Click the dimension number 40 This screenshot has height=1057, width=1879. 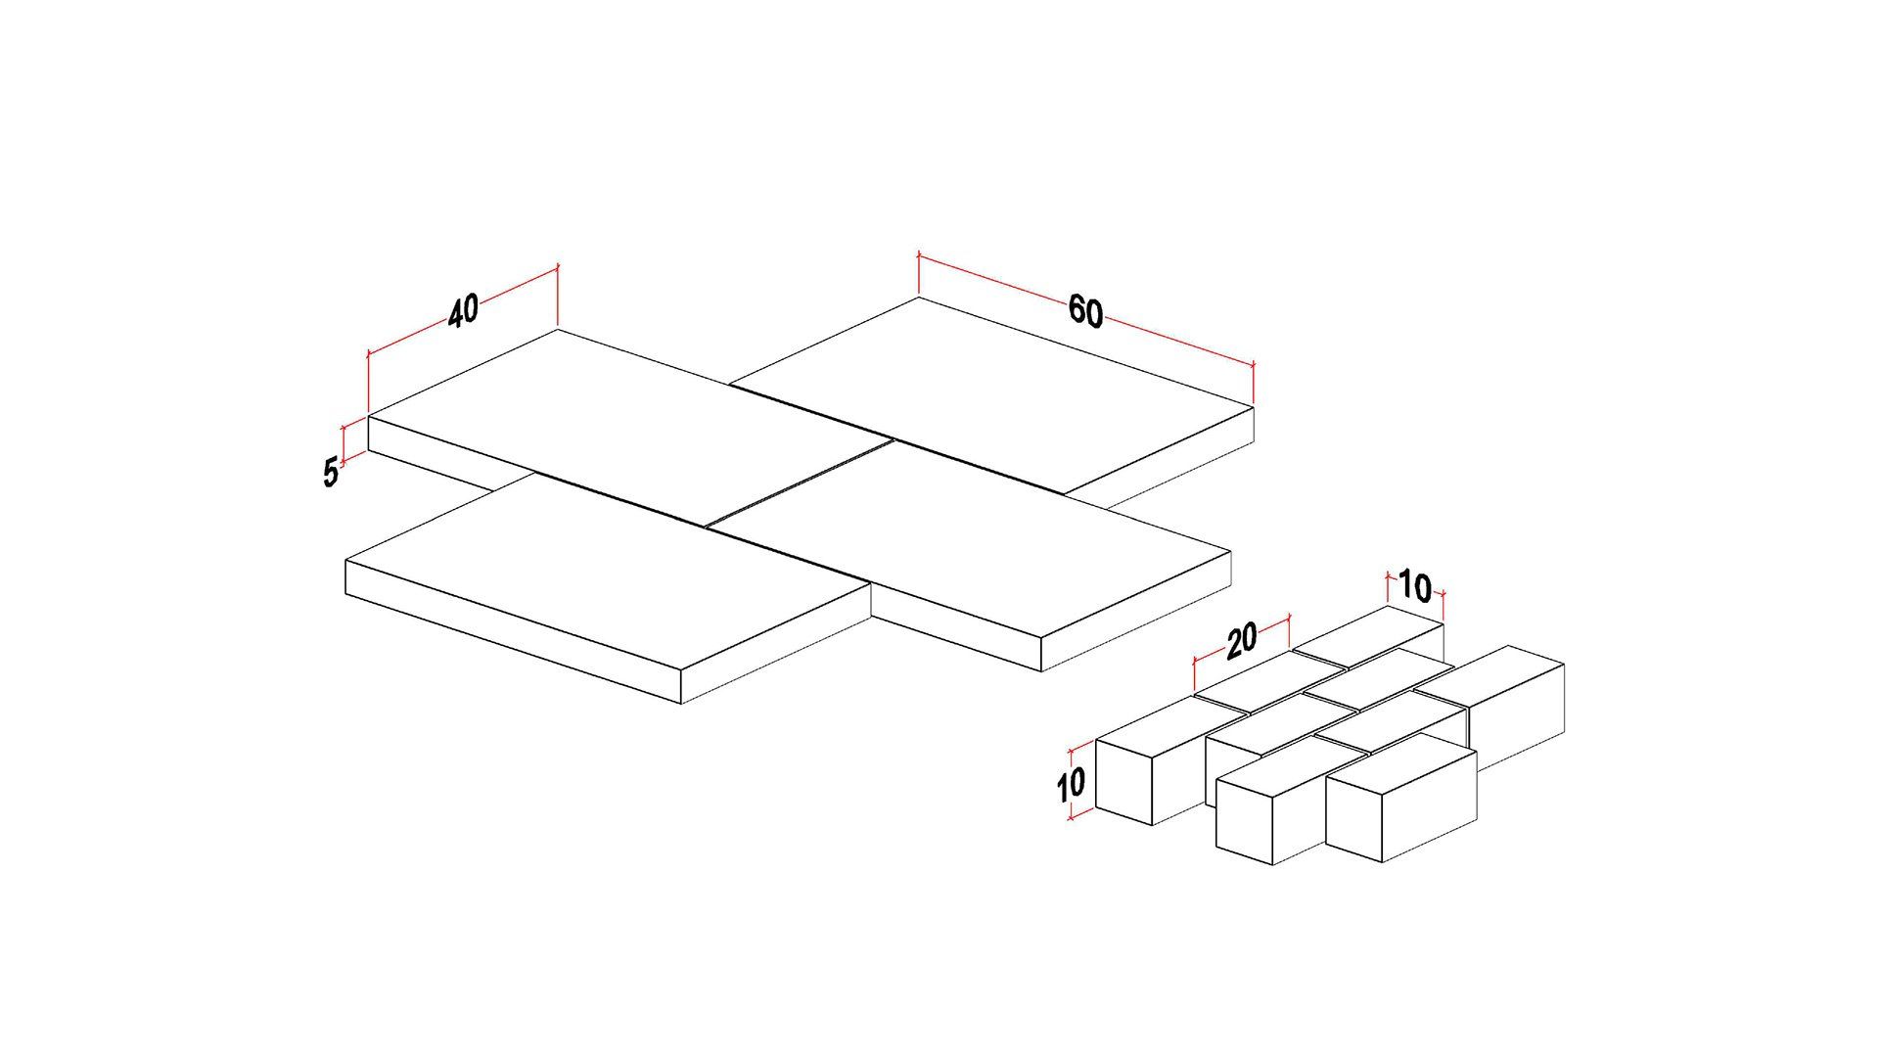[464, 310]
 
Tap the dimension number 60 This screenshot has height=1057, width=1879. [1085, 311]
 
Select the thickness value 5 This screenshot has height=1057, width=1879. [331, 473]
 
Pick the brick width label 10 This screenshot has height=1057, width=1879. [1415, 586]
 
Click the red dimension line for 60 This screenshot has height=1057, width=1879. [1085, 309]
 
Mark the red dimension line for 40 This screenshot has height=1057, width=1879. [462, 309]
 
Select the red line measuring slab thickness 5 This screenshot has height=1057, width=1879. [344, 443]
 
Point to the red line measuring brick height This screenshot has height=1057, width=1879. [1073, 781]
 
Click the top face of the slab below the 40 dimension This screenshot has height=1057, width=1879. [628, 418]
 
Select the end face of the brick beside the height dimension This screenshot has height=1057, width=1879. [1125, 781]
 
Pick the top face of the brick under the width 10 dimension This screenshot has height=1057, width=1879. [1368, 636]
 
